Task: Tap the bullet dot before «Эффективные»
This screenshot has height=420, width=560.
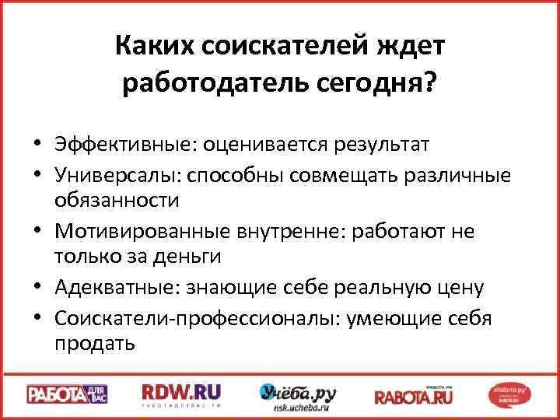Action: [x=37, y=145]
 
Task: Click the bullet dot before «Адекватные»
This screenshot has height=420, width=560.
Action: [x=37, y=289]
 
